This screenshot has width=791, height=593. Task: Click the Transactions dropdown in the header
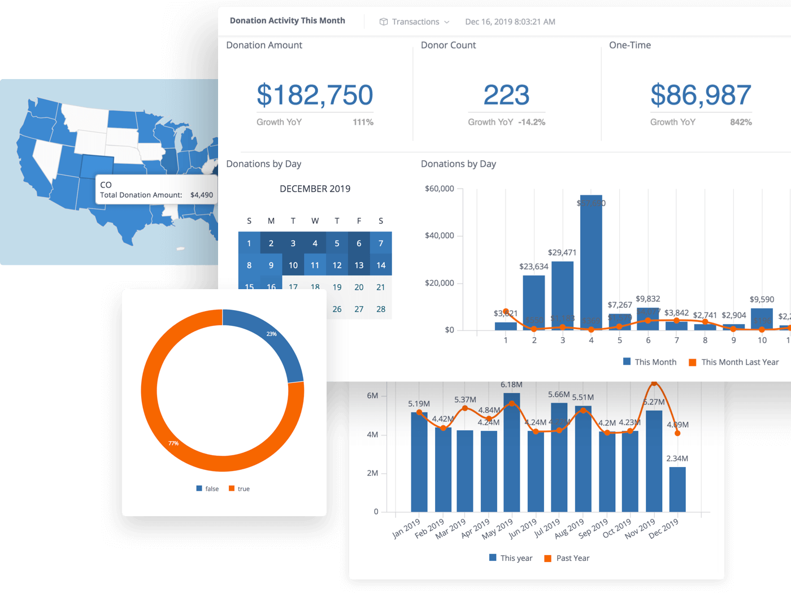[415, 21]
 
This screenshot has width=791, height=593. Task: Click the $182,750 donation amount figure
[315, 95]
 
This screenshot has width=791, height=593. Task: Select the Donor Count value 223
[506, 95]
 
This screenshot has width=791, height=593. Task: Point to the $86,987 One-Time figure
[701, 95]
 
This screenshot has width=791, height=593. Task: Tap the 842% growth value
[740, 122]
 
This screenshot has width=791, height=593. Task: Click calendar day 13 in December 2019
[359, 265]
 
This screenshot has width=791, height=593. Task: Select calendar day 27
[359, 309]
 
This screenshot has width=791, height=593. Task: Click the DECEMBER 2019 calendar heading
[315, 189]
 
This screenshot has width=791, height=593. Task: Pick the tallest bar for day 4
[591, 265]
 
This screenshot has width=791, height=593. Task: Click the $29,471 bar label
[562, 252]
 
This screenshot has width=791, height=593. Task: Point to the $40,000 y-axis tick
[439, 236]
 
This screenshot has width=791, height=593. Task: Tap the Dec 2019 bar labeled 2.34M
[677, 489]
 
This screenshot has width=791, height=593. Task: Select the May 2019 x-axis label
[498, 529]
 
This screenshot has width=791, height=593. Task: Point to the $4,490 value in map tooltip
[202, 195]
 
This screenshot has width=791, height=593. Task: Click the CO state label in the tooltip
[106, 185]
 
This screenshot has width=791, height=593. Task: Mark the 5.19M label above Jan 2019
[419, 404]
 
